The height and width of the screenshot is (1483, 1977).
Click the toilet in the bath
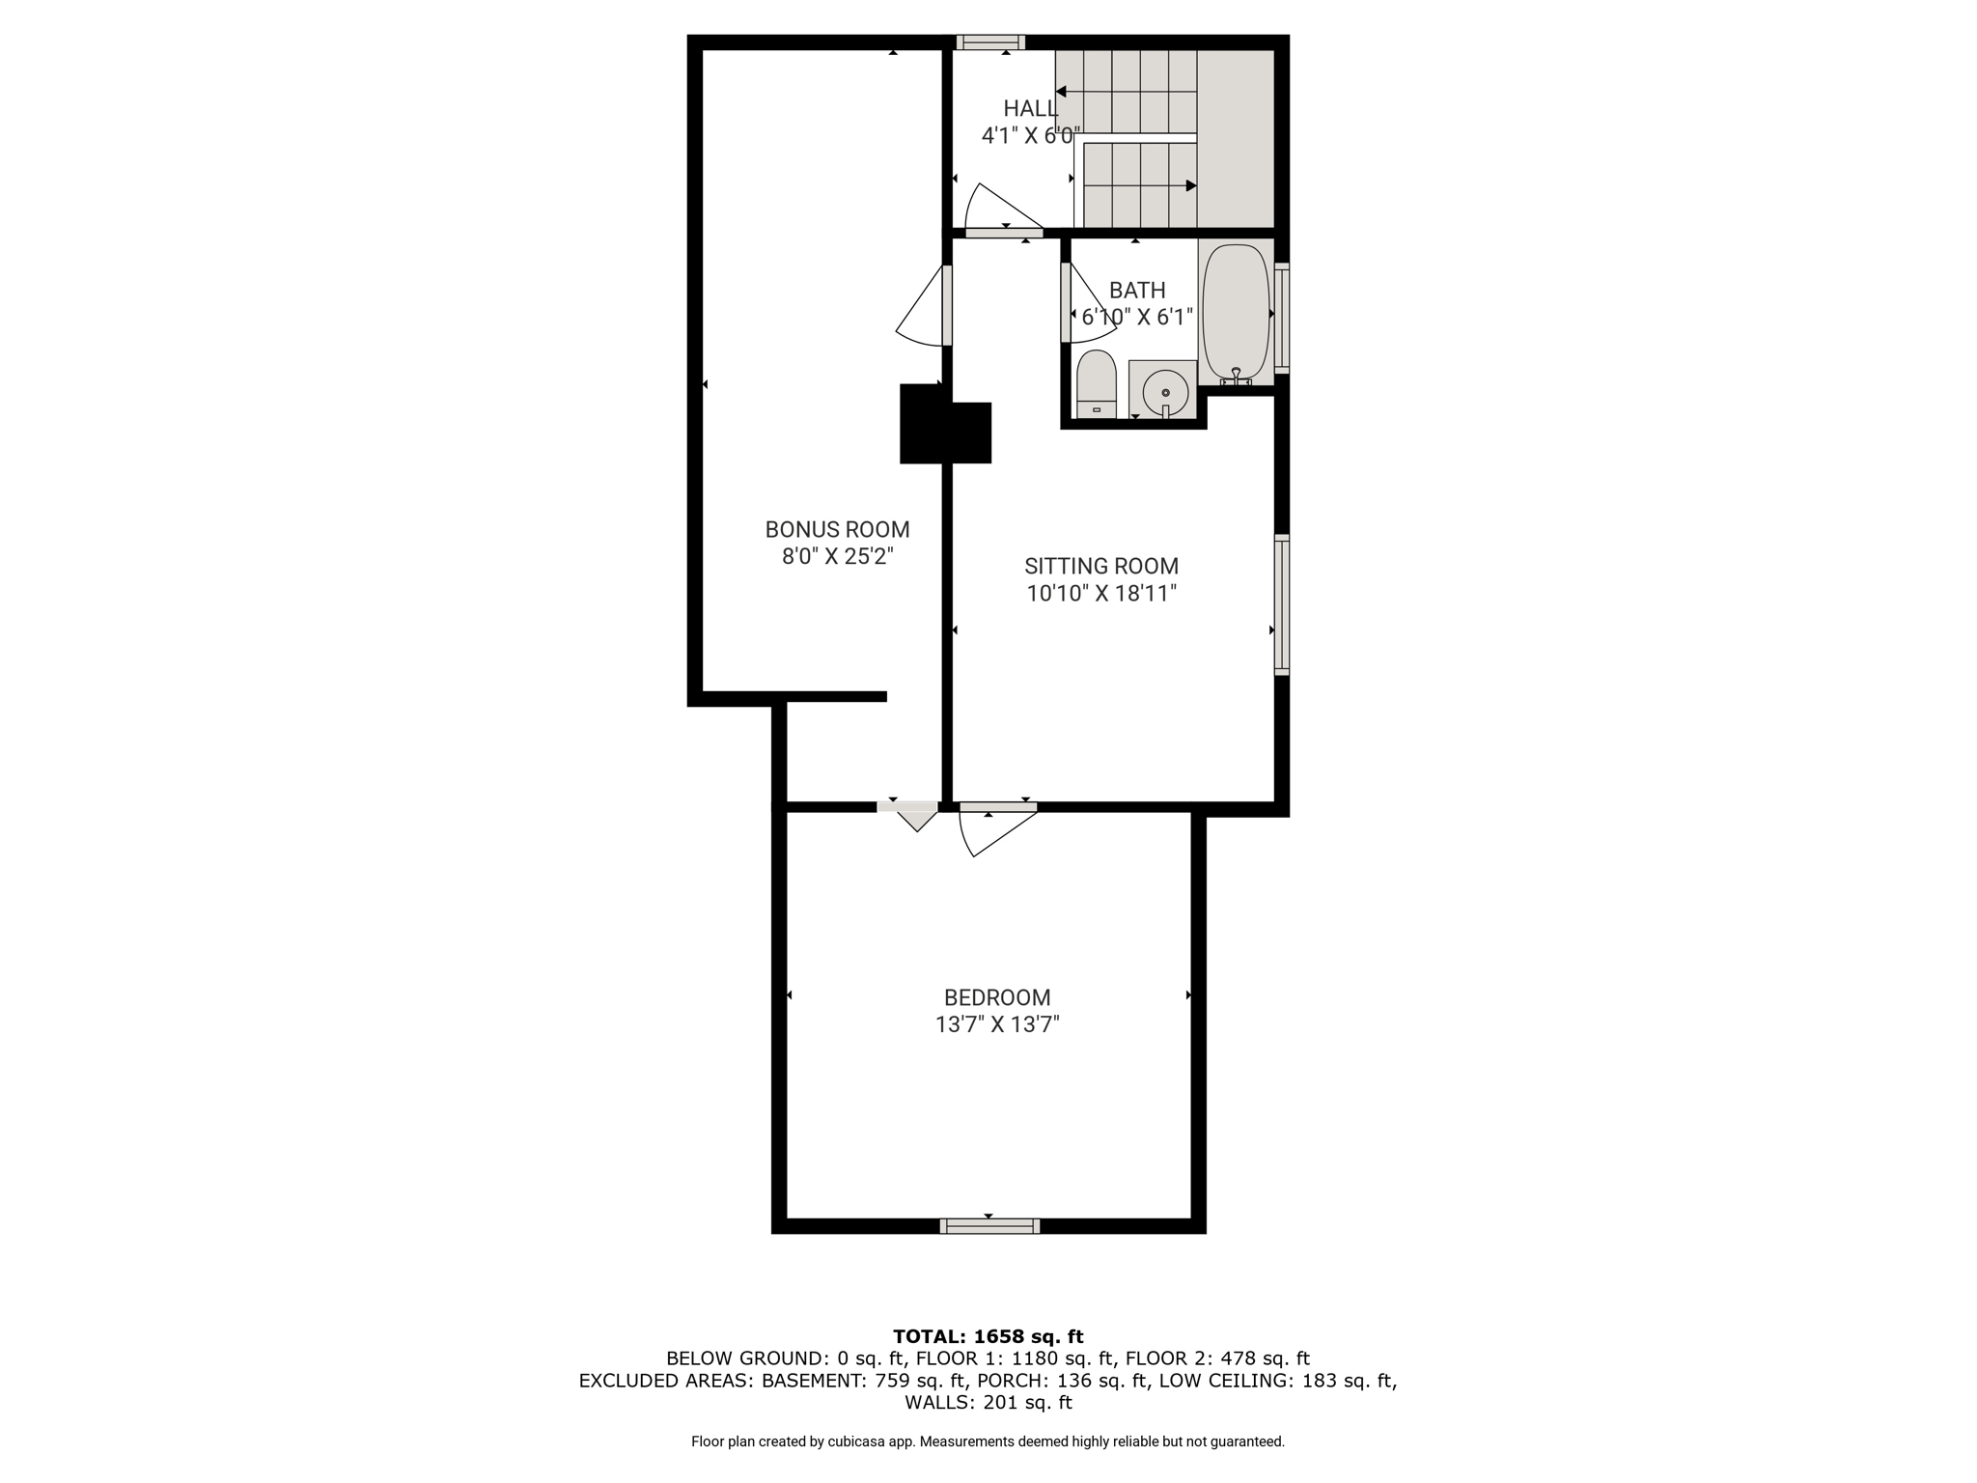coord(1096,384)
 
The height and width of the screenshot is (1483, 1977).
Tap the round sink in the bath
coord(1165,392)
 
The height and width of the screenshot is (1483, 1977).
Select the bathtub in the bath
coord(1236,313)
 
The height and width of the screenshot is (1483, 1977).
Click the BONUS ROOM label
coord(838,529)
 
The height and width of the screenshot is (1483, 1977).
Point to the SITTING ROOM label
coord(1101,566)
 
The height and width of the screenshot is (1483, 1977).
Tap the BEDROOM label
coord(997,997)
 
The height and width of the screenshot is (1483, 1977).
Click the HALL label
coord(1030,108)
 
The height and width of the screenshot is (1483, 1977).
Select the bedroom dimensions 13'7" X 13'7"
coord(997,1024)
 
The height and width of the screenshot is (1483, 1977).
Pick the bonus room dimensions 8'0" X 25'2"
coord(838,556)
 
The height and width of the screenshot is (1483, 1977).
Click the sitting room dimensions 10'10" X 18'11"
coord(1101,593)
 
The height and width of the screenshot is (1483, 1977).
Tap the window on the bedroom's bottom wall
coord(989,1226)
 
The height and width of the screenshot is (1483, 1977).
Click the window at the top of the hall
coord(990,42)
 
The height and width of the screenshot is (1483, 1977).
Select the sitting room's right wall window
coord(1282,604)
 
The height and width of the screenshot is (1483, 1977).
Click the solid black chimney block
coord(946,424)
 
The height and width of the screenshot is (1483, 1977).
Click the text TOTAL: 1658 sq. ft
coord(988,1337)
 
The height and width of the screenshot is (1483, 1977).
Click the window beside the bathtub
coord(1282,318)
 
